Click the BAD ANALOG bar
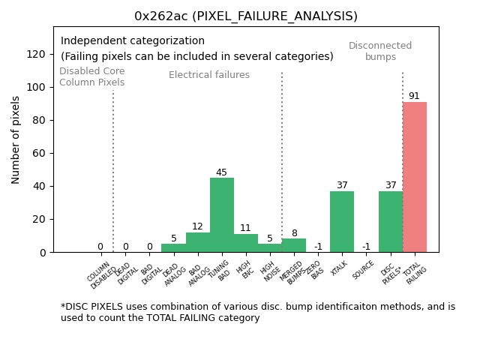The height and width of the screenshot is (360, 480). (x=198, y=242)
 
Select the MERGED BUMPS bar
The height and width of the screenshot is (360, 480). (x=294, y=245)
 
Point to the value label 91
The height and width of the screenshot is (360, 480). (x=414, y=96)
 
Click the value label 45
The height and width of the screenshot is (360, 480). (x=221, y=172)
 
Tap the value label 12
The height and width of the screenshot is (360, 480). (x=197, y=226)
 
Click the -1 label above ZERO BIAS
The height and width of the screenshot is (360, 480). (x=318, y=247)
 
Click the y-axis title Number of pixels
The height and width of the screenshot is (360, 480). (x=16, y=139)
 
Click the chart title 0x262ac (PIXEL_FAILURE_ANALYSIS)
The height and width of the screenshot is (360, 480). (x=246, y=16)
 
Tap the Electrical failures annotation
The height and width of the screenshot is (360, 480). (x=209, y=75)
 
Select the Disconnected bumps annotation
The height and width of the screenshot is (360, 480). (x=380, y=51)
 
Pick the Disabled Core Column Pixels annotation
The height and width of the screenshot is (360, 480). (x=92, y=76)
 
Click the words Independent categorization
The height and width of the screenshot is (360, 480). (x=133, y=41)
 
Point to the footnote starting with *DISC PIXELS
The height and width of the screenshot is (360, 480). (x=258, y=312)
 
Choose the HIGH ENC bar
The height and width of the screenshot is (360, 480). (x=246, y=243)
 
